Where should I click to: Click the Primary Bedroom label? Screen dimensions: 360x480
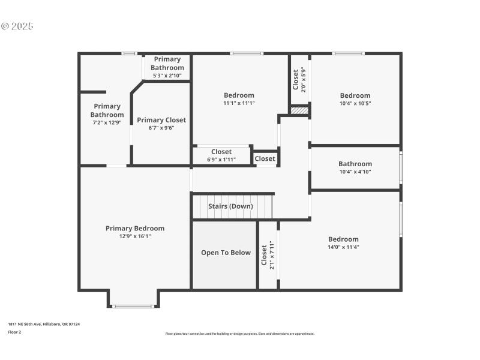135,228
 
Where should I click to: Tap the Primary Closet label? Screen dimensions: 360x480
161,120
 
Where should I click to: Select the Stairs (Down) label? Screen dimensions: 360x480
230,206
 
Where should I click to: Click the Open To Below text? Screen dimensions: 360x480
226,253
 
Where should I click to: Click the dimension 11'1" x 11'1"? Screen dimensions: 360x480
239,103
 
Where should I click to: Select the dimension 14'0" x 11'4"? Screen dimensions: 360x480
343,247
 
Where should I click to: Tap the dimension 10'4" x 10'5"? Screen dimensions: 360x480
355,103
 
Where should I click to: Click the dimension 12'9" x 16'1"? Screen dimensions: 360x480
135,236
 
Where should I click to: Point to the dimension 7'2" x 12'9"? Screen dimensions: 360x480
107,122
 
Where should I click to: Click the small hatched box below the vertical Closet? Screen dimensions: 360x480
299,110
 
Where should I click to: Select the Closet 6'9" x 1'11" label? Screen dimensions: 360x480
221,155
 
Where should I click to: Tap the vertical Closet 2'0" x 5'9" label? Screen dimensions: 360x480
299,79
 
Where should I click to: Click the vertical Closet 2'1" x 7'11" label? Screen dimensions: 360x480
268,254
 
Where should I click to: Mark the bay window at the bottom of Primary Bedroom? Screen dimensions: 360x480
133,306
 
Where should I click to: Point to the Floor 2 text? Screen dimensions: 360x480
14,331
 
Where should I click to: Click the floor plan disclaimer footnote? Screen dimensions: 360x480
240,334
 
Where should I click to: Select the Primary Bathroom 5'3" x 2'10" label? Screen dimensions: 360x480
167,67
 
